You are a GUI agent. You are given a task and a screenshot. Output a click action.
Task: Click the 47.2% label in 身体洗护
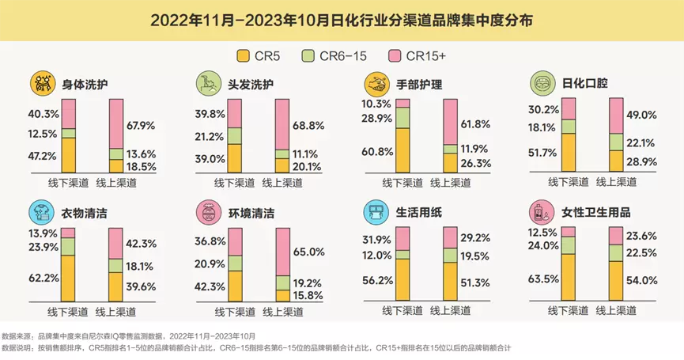43,156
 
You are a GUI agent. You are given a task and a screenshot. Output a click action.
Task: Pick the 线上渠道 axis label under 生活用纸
450,310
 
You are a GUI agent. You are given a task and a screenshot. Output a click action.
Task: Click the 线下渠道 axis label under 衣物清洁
69,310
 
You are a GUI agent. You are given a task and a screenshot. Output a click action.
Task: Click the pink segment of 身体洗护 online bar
115,123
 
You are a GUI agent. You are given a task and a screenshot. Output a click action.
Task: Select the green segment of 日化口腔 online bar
617,141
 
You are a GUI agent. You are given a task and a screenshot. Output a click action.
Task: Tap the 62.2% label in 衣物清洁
43,279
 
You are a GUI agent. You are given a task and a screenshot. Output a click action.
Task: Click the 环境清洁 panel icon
207,212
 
